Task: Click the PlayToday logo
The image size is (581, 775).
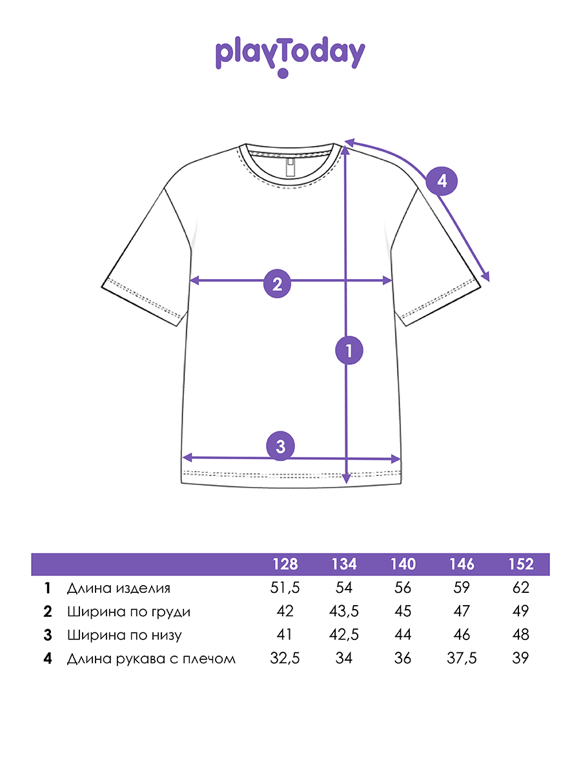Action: (x=290, y=57)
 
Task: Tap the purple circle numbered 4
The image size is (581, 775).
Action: (x=442, y=181)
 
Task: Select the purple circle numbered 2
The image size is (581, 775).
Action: (x=278, y=284)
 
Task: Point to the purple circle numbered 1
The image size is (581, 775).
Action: (x=349, y=350)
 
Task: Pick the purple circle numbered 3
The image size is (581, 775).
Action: (x=280, y=446)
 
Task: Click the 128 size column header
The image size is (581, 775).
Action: (x=285, y=564)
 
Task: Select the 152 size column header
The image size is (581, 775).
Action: (x=521, y=564)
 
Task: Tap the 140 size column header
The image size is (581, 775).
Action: (x=403, y=564)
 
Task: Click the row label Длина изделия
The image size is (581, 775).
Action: (x=119, y=588)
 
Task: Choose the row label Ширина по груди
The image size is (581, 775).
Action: (x=128, y=612)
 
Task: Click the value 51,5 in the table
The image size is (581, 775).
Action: (x=285, y=588)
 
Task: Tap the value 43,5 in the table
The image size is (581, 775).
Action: (x=344, y=612)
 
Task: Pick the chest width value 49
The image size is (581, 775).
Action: (x=521, y=612)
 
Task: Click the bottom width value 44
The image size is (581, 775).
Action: (x=403, y=635)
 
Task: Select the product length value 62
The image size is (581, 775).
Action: (x=521, y=588)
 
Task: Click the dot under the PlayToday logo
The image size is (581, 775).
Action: (x=283, y=73)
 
